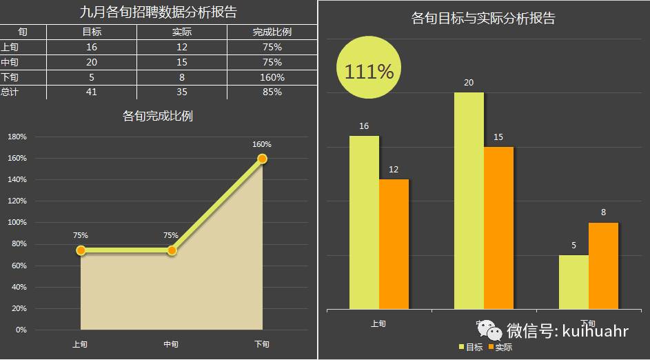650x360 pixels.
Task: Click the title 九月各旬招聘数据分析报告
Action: (158, 12)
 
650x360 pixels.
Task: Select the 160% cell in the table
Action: (272, 77)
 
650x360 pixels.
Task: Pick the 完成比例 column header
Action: (272, 32)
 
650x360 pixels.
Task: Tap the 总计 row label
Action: (9, 92)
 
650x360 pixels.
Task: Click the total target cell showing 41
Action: (92, 92)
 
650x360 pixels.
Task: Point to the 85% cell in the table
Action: (272, 92)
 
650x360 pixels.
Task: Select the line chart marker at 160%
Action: (262, 159)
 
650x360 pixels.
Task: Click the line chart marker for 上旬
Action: (81, 250)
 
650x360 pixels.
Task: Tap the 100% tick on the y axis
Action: (17, 223)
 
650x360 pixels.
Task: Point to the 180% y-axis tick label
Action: (17, 137)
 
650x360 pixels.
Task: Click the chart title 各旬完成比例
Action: (158, 116)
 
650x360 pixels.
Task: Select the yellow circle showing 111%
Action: (368, 72)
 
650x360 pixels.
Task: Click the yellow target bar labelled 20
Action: (469, 200)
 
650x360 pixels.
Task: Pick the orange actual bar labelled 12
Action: (394, 244)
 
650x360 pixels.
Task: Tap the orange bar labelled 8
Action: (603, 266)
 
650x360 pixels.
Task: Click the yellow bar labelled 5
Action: (573, 282)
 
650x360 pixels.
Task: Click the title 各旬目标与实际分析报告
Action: (483, 19)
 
